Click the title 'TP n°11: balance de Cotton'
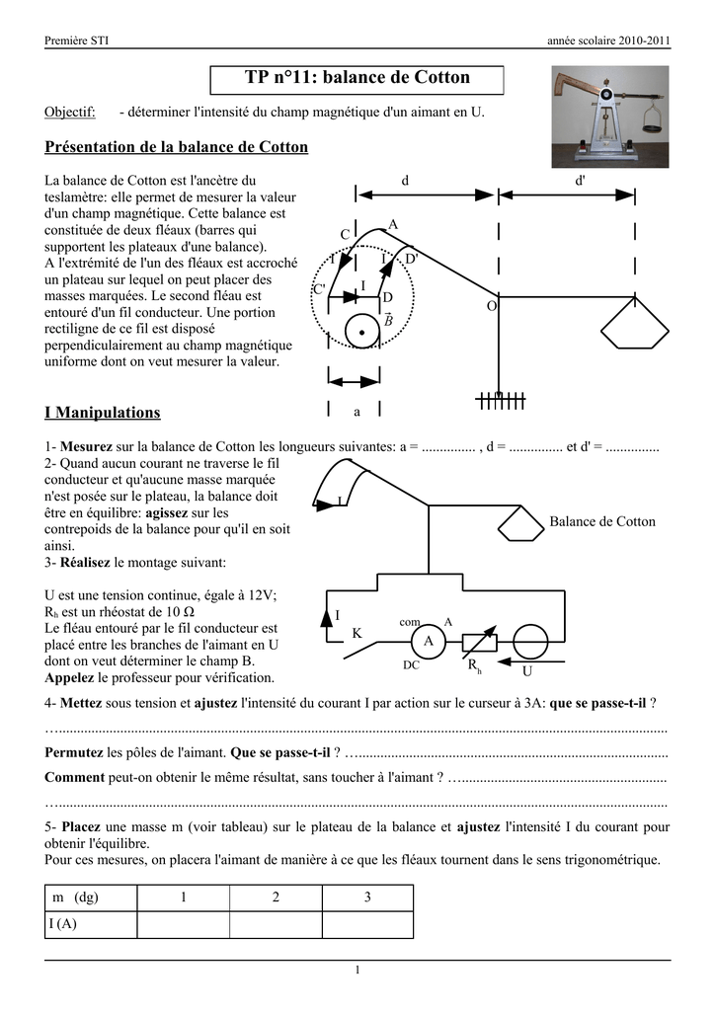pyautogui.click(x=357, y=77)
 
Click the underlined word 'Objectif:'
pyautogui.click(x=70, y=113)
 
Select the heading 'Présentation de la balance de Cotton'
pyautogui.click(x=177, y=147)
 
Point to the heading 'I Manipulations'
pyautogui.click(x=103, y=412)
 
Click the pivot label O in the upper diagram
pyautogui.click(x=491, y=307)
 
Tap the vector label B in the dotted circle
pyautogui.click(x=388, y=321)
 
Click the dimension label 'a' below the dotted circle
pyautogui.click(x=357, y=410)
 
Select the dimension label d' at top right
pyautogui.click(x=580, y=181)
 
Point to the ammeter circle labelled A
pyautogui.click(x=429, y=641)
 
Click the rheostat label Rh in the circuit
pyautogui.click(x=474, y=667)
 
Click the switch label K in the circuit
pyautogui.click(x=357, y=633)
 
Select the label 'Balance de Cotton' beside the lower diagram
pyautogui.click(x=601, y=521)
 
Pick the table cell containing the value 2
pyautogui.click(x=276, y=897)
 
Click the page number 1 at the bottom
pyautogui.click(x=357, y=971)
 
